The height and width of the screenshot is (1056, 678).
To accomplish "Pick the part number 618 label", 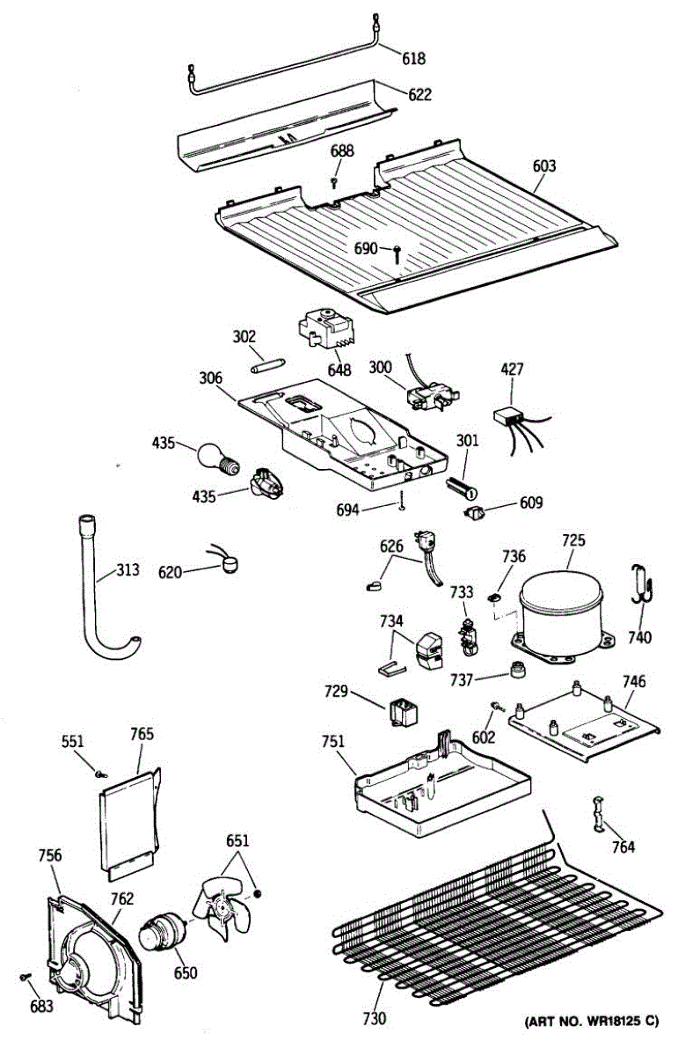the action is pos(413,58).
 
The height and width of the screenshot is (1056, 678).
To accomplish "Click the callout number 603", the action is pos(544,166).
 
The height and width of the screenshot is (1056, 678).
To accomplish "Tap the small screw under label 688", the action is pos(334,181).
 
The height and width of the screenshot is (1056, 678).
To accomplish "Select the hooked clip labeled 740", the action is pos(643,584).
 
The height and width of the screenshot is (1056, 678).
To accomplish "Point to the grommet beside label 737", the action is pos(518,670).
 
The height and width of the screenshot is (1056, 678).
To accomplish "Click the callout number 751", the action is pos(333,742).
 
